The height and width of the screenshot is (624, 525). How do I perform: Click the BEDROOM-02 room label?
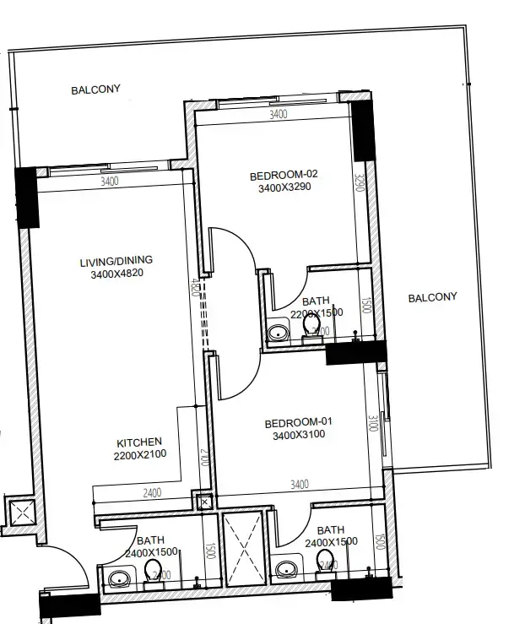tap(282, 176)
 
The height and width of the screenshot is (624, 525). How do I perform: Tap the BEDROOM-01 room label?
tap(294, 422)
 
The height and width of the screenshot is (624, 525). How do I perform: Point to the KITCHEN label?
tap(138, 442)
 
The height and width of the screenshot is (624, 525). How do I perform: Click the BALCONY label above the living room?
tap(95, 89)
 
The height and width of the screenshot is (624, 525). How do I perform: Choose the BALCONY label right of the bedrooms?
tap(432, 296)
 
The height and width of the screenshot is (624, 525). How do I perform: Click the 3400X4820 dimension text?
tap(116, 274)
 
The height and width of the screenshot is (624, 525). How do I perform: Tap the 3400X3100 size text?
tap(299, 436)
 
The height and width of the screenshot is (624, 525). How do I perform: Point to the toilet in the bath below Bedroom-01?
tap(324, 572)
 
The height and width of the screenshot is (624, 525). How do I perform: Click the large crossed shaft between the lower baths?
tap(242, 546)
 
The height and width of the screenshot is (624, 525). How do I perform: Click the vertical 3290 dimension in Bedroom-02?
tap(359, 182)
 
